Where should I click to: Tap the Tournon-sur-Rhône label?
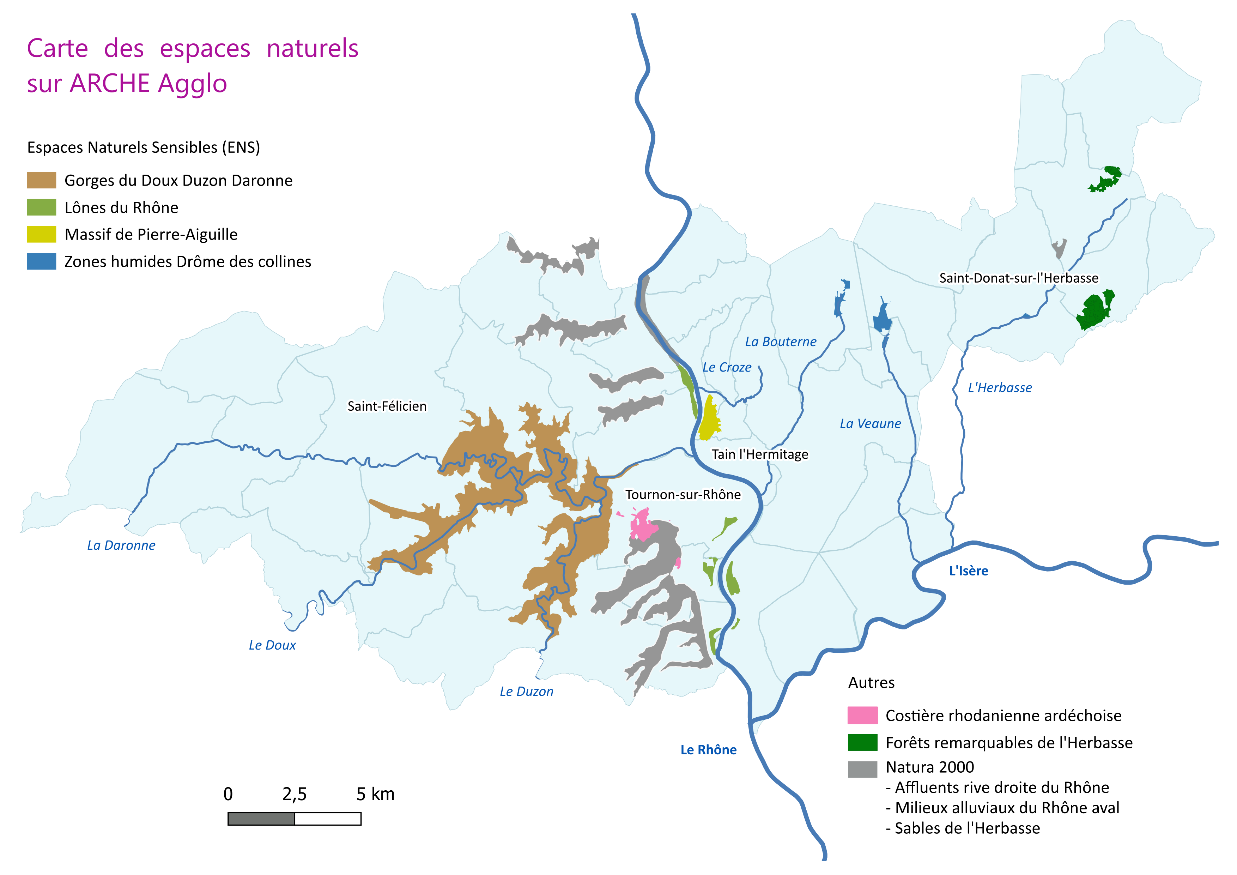(x=683, y=495)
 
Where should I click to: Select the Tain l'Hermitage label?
(x=760, y=454)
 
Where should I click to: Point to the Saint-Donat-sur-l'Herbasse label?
(x=1018, y=278)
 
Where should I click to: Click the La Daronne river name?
(x=121, y=545)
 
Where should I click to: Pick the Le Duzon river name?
(x=526, y=691)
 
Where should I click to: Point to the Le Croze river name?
(x=727, y=367)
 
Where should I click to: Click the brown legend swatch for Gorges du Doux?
(x=42, y=180)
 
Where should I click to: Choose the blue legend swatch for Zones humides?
(x=42, y=261)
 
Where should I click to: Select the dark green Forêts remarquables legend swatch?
(x=862, y=742)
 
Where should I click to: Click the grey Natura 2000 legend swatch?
(x=862, y=769)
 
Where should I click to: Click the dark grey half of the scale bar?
(x=261, y=819)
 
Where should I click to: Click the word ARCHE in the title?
(x=109, y=84)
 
